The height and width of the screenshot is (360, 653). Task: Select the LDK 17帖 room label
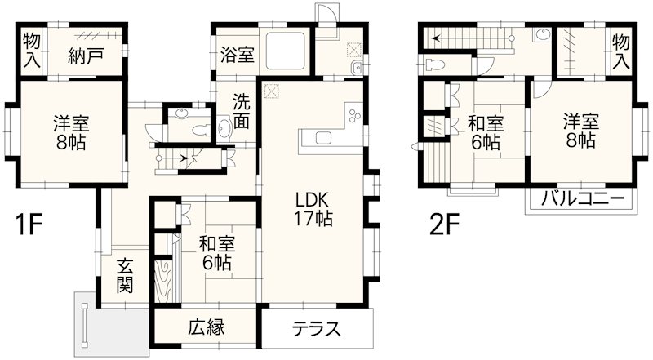(313, 209)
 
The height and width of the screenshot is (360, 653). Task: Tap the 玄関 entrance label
(125, 276)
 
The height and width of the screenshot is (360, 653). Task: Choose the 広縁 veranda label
(207, 328)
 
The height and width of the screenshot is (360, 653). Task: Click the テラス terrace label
(316, 330)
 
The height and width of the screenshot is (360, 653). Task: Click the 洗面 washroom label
(242, 113)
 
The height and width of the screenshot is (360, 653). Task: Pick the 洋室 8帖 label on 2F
(580, 131)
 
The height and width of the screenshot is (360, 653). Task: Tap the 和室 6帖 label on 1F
(216, 252)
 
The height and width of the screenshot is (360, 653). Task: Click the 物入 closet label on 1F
(32, 48)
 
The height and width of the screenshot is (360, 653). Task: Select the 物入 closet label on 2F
(621, 48)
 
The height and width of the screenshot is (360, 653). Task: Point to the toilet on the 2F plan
(434, 64)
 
